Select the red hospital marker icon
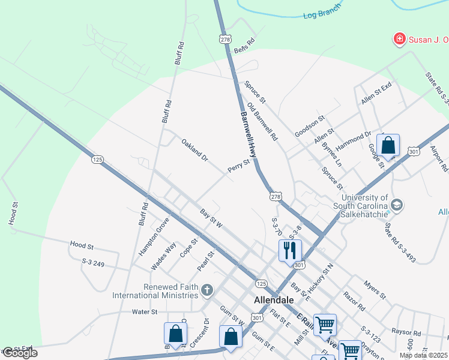398,40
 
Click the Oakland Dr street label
194,150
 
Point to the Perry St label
238,166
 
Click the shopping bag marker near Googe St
388,146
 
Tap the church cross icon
207,291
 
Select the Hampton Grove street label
154,236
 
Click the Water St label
145,312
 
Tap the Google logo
19,353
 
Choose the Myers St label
375,289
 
